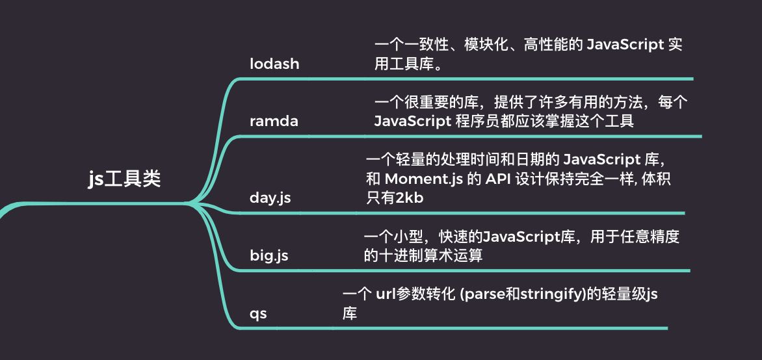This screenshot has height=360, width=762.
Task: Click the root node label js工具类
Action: [124, 178]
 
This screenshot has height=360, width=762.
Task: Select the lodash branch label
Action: [274, 64]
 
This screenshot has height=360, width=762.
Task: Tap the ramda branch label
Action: [274, 121]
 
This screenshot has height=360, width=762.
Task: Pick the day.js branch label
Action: [270, 198]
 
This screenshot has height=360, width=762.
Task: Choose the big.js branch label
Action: [269, 255]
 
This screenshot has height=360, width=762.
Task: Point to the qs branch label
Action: [258, 313]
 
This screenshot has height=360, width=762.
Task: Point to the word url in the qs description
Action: [386, 294]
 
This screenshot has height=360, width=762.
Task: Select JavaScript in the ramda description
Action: [409, 121]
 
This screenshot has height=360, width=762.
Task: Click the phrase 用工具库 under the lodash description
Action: [403, 64]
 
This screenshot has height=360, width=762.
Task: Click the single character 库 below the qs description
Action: [350, 314]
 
